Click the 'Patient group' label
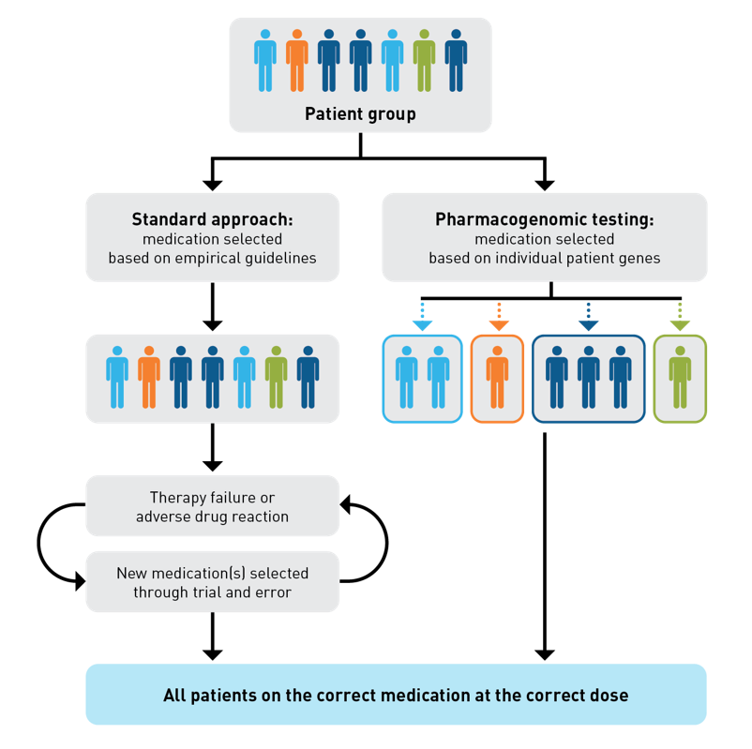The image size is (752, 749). click(x=360, y=114)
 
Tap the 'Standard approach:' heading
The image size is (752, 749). click(x=212, y=219)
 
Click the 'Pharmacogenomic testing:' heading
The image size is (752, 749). click(x=544, y=219)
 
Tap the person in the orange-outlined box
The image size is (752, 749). click(x=497, y=377)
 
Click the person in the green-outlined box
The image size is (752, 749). click(x=680, y=377)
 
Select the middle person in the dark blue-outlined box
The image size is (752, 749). click(x=588, y=377)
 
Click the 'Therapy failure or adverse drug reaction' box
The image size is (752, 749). click(x=212, y=506)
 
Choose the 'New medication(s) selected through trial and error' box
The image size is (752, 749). click(x=212, y=581)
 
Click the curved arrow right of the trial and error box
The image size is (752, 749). click(x=380, y=544)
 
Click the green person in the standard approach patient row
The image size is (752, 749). click(x=276, y=377)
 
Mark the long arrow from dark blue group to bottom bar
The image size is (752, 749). click(x=544, y=544)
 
